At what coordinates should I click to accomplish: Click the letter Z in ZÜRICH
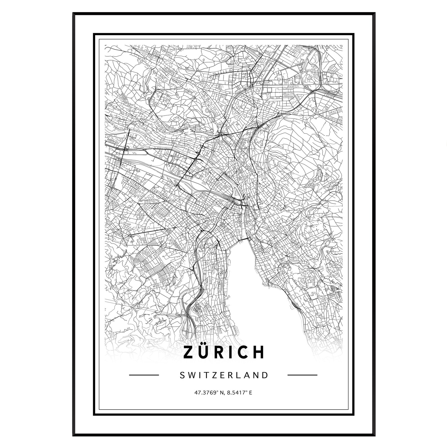189,352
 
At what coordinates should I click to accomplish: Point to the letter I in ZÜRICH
233,352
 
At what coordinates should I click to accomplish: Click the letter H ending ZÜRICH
259,352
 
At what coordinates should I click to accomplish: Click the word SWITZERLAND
223,375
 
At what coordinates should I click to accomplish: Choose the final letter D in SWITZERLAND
265,375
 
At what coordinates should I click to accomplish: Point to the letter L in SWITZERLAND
238,375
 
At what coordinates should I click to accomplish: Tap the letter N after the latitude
222,392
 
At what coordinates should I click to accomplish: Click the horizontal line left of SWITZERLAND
144,375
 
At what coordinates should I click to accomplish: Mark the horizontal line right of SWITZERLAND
302,375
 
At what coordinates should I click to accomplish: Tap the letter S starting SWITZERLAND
182,375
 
